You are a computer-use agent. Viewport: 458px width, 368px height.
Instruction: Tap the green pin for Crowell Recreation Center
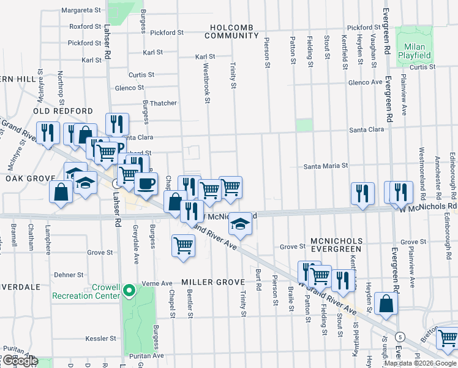coord(129,290)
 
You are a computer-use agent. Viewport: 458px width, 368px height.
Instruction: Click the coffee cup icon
coord(145,183)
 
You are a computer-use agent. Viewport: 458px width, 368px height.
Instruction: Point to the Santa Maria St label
coord(326,166)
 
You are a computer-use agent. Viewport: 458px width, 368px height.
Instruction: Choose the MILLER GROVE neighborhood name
coord(213,282)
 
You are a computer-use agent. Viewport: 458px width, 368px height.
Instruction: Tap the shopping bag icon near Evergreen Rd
coord(386,304)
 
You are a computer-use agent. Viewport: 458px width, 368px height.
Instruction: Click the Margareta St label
coord(81,10)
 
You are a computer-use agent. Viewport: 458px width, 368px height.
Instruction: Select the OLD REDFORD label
coord(63,111)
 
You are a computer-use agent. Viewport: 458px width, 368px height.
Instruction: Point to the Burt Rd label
coord(259,279)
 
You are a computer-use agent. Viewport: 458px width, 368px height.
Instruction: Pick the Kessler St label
coord(101,338)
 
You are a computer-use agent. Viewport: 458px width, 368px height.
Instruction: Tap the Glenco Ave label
coord(365,82)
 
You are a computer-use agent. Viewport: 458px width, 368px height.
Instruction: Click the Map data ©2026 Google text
coord(421,363)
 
